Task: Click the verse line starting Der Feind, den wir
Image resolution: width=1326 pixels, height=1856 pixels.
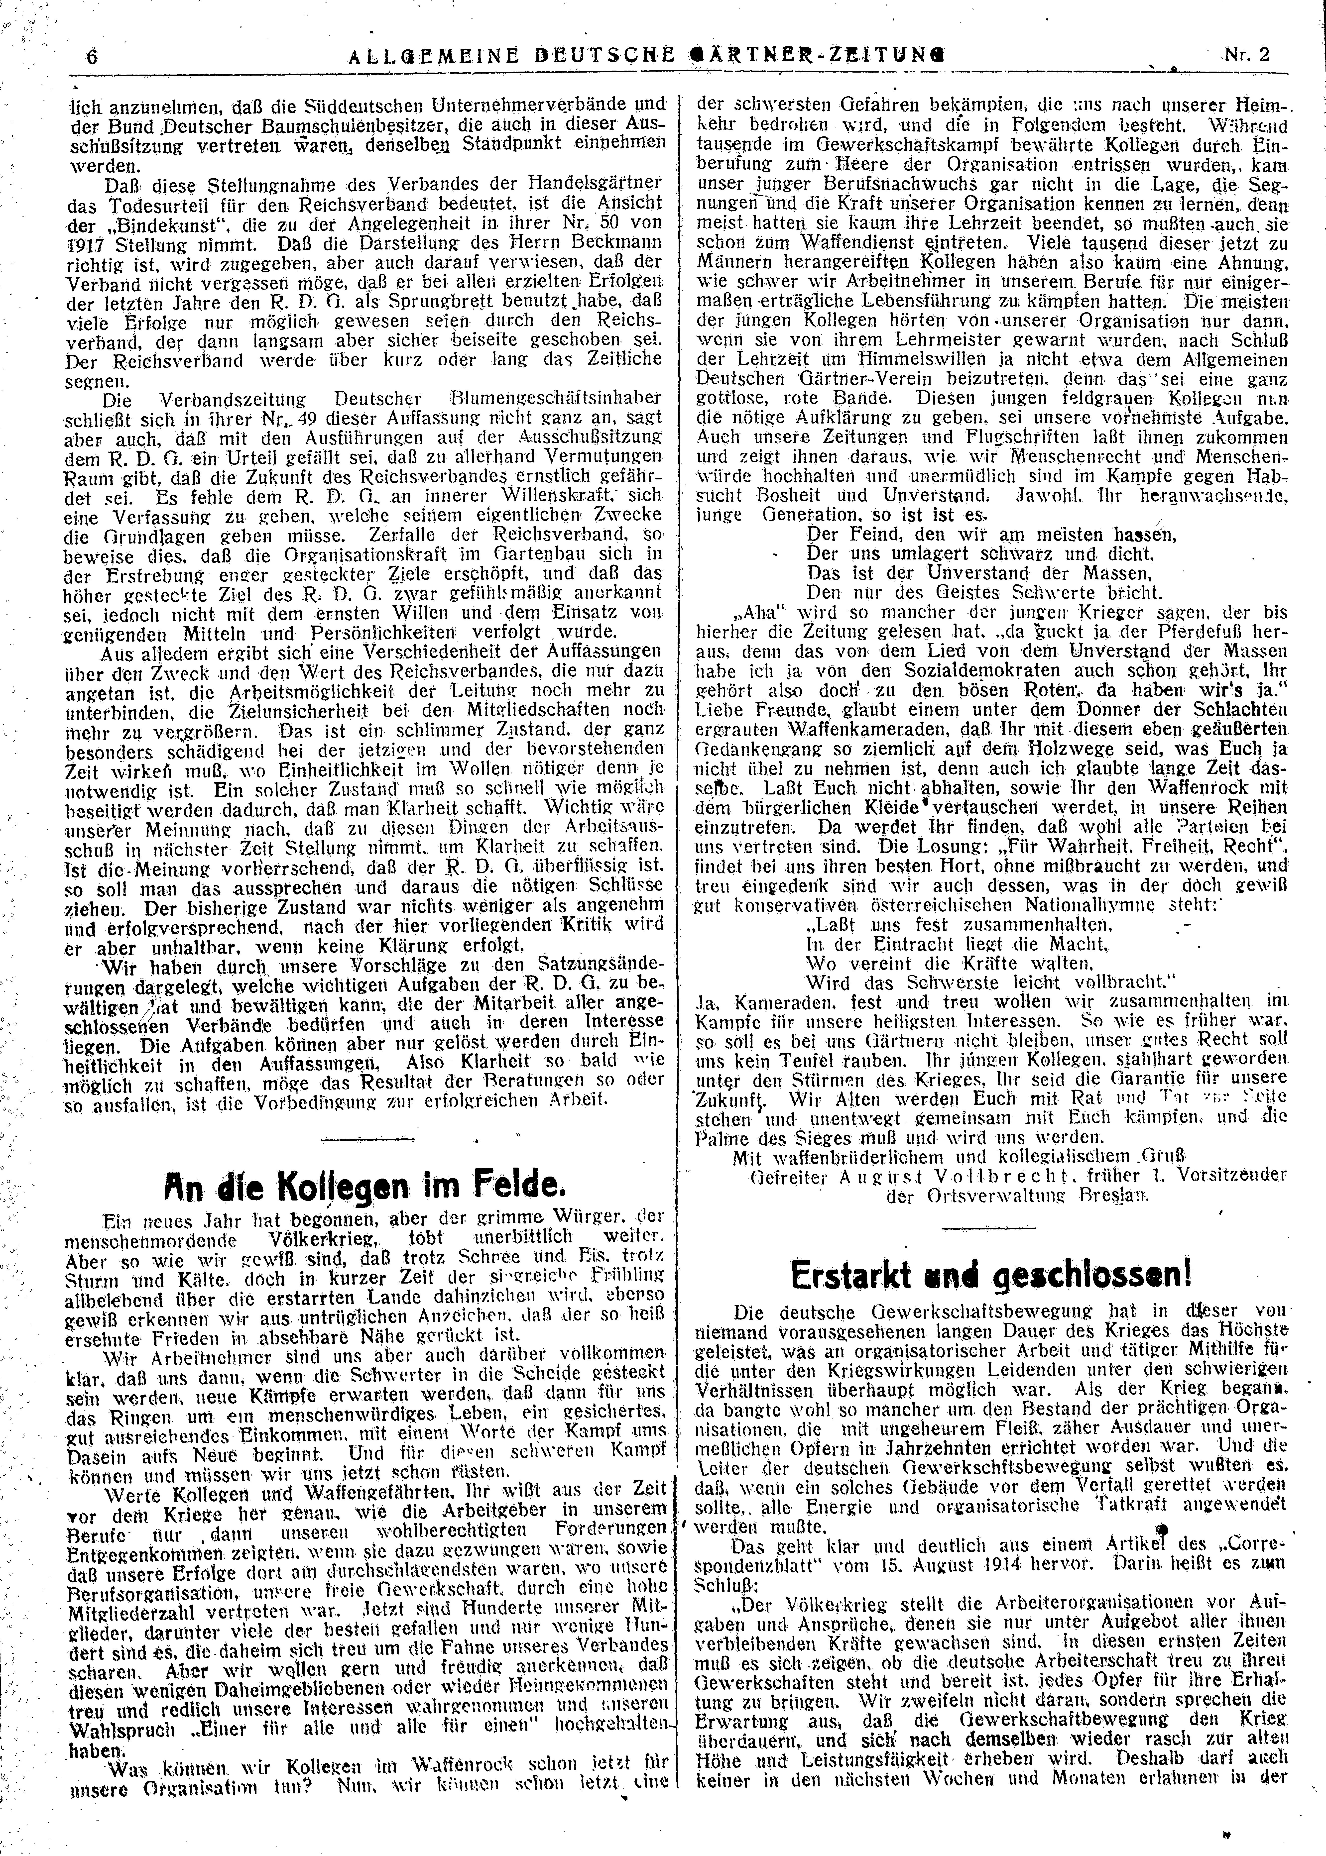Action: coord(990,536)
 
